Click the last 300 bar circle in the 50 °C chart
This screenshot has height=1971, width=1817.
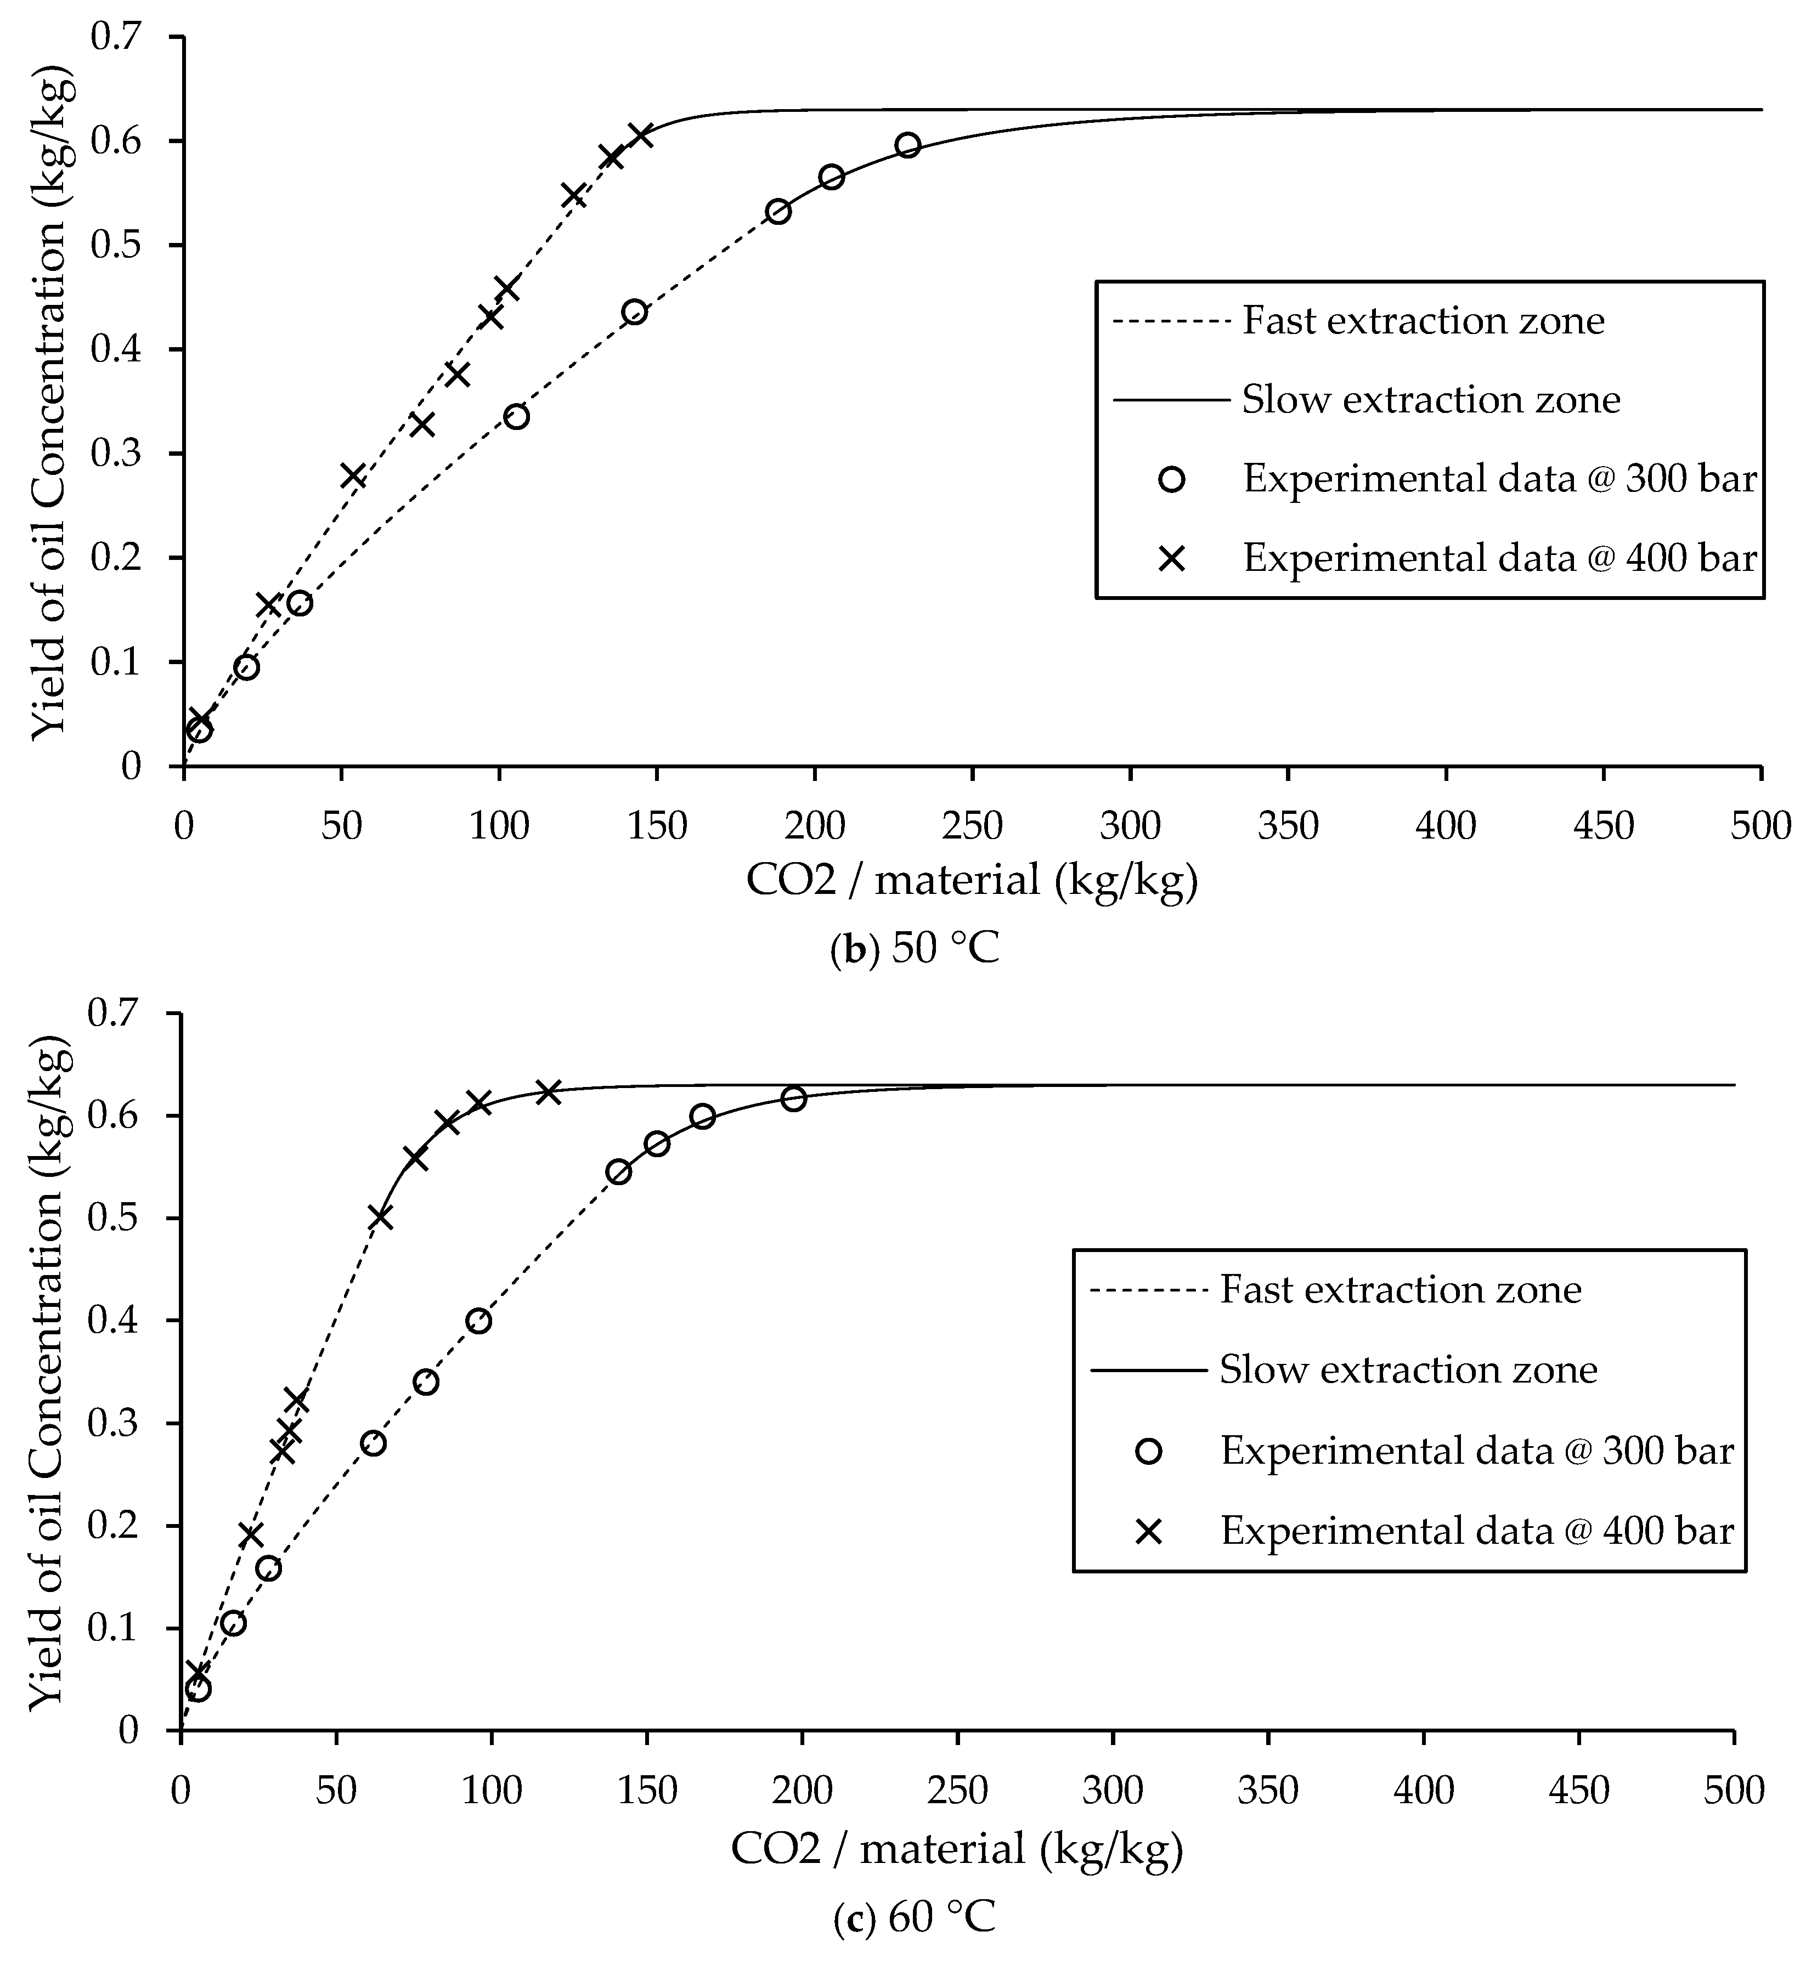(907, 145)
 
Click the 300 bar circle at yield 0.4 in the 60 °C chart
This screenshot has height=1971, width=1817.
(479, 1320)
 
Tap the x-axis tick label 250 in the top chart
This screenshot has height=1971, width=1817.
(972, 827)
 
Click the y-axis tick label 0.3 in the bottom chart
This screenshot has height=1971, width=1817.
(115, 1424)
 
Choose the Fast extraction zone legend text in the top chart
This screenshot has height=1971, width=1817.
(1423, 320)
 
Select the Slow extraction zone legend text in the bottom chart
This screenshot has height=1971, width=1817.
(1408, 1369)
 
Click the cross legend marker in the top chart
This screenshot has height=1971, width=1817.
(1172, 558)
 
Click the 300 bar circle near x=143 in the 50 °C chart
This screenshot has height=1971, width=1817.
(634, 313)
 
